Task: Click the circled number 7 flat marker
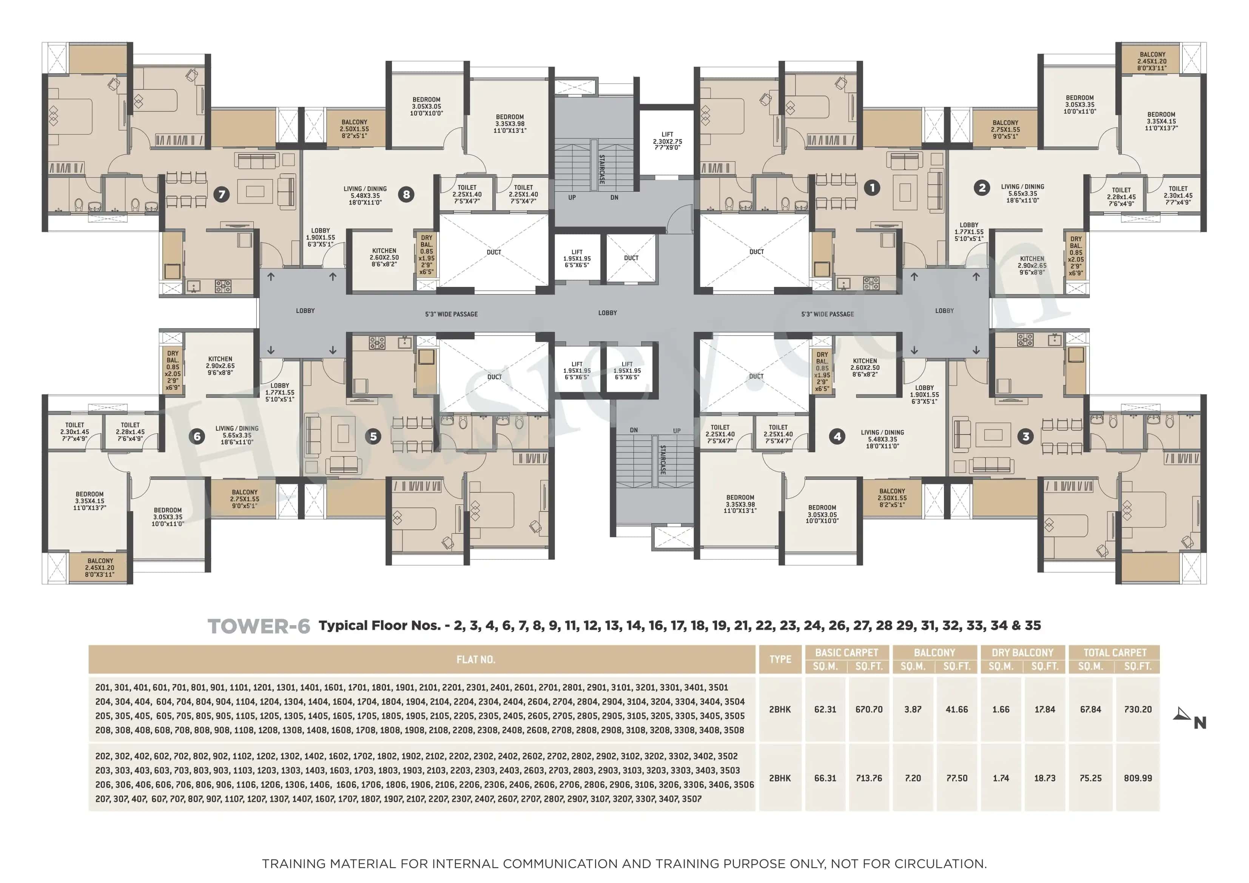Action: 221,194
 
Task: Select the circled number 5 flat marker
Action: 373,436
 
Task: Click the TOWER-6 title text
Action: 259,626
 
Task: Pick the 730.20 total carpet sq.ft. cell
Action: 1138,709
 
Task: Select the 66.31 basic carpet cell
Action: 825,778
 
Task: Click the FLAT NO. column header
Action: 475,660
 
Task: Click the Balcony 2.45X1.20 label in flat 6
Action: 100,567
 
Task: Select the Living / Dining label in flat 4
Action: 882,439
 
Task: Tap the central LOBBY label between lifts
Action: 608,313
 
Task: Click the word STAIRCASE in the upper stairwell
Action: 601,169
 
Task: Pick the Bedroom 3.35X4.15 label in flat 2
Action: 1161,121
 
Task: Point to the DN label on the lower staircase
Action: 634,430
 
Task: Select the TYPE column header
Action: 780,660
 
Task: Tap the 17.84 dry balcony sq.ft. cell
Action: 1044,709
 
